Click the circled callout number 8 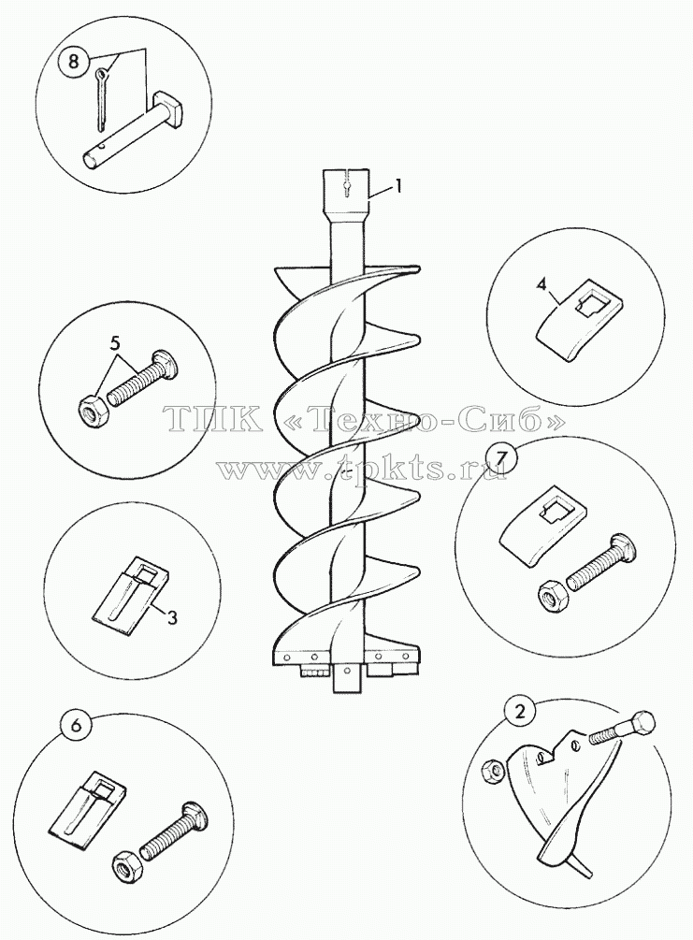(73, 62)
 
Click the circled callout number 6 (76, 724)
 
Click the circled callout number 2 (520, 711)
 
